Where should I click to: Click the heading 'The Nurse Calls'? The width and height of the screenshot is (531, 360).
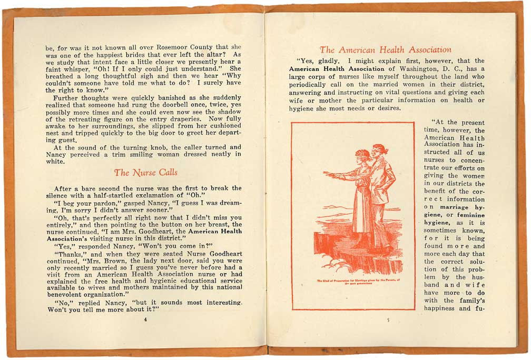pyautogui.click(x=145, y=173)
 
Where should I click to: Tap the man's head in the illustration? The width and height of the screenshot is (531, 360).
pyautogui.click(x=379, y=149)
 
